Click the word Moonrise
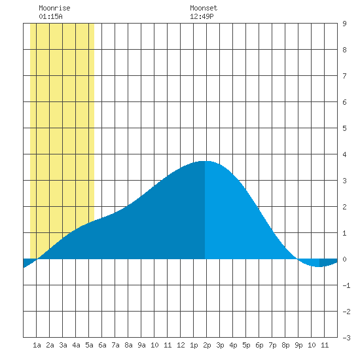[54, 8]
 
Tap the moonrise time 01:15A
[50, 16]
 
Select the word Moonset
[204, 8]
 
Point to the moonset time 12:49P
[202, 16]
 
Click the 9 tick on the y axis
[344, 24]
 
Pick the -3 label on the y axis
[346, 338]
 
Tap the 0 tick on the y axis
[344, 259]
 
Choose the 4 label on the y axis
[344, 154]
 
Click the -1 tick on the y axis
[346, 285]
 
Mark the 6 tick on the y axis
[344, 102]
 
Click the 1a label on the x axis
[37, 345]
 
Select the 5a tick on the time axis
[89, 345]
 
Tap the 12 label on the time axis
[181, 345]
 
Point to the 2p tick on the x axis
[207, 345]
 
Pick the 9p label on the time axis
[298, 345]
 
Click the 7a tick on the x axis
[115, 345]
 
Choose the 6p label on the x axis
[259, 345]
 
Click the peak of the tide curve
[205, 161]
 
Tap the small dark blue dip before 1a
[28, 262]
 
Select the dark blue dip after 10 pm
[328, 262]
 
